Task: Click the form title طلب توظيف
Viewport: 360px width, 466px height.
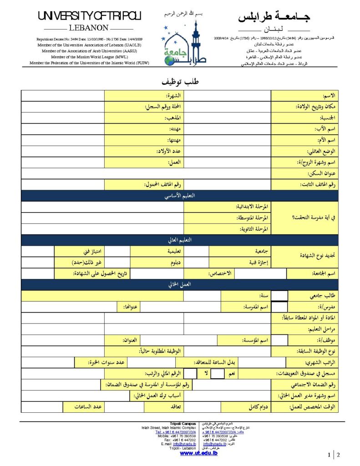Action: [181, 82]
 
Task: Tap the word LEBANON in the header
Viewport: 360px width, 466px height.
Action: [89, 28]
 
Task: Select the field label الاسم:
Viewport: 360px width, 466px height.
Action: [329, 96]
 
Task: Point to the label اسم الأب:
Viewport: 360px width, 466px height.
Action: [326, 129]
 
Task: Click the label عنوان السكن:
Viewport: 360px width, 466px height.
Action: [322, 173]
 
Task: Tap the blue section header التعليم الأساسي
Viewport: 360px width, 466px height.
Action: [180, 196]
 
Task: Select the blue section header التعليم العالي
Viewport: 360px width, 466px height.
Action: [180, 240]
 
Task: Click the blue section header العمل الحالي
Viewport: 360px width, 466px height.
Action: [180, 284]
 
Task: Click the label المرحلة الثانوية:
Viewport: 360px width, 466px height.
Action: [252, 229]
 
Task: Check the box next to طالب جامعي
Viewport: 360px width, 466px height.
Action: [279, 296]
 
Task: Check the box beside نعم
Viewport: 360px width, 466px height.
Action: [218, 374]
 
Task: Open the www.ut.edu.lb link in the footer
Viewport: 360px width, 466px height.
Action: [199, 453]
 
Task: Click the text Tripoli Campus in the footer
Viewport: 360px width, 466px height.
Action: [183, 424]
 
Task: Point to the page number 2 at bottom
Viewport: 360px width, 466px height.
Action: [338, 455]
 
